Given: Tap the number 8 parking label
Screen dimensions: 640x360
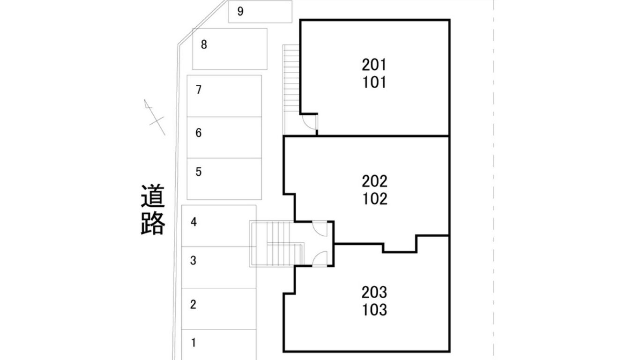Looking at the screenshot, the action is [204, 45].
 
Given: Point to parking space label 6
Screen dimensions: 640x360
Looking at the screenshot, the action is [199, 133].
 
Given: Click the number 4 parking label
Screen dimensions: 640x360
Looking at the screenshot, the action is [193, 222].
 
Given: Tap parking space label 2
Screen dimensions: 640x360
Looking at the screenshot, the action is [193, 305].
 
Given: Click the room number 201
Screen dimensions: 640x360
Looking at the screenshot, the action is [374, 65].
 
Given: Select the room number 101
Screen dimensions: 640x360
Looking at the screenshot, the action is [374, 82].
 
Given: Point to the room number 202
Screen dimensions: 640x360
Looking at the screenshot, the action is [374, 181].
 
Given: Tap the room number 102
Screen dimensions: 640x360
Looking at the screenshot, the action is [375, 199].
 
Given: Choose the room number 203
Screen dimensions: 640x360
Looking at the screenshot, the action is [374, 292].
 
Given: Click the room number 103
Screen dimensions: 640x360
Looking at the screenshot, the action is [374, 310].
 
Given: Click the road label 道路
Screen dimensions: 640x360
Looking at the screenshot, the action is [153, 210].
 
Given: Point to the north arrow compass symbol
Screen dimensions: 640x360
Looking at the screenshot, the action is [154, 117].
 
